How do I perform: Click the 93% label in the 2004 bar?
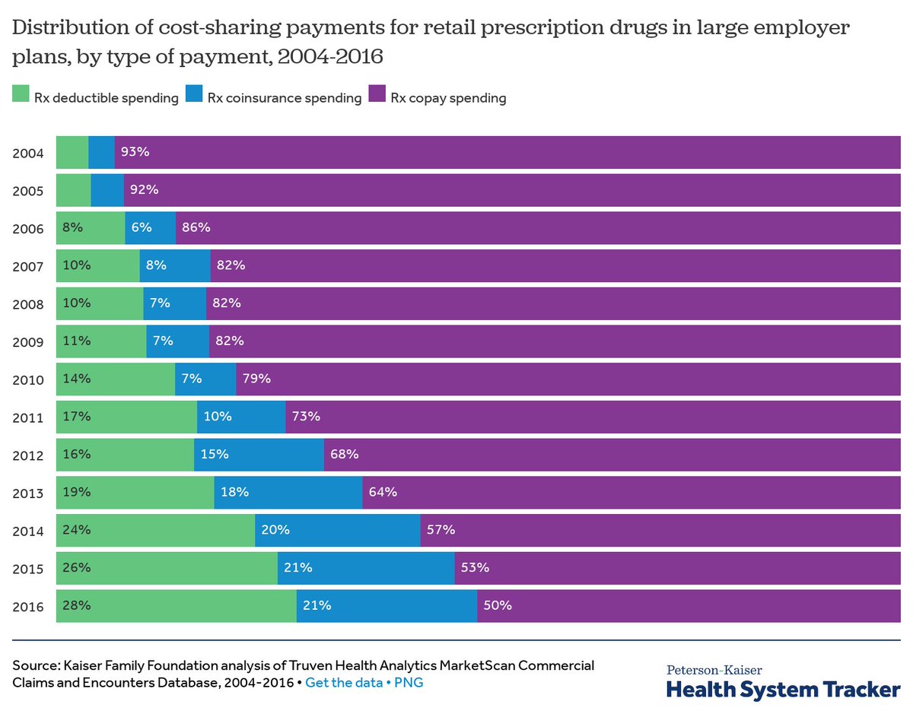click(x=135, y=152)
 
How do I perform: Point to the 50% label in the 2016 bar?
click(x=498, y=606)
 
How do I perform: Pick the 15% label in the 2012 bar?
click(x=215, y=455)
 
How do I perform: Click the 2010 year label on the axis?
click(x=28, y=379)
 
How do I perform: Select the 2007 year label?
click(x=28, y=266)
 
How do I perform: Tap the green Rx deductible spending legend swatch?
click(x=20, y=94)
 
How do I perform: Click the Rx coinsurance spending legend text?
click(x=284, y=98)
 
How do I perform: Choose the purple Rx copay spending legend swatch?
click(x=377, y=94)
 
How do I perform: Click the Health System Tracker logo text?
click(x=783, y=689)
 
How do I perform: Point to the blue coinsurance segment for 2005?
click(x=107, y=190)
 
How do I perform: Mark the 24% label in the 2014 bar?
click(x=77, y=530)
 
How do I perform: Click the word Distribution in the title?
click(x=62, y=29)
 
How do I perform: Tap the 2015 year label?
click(x=28, y=568)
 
